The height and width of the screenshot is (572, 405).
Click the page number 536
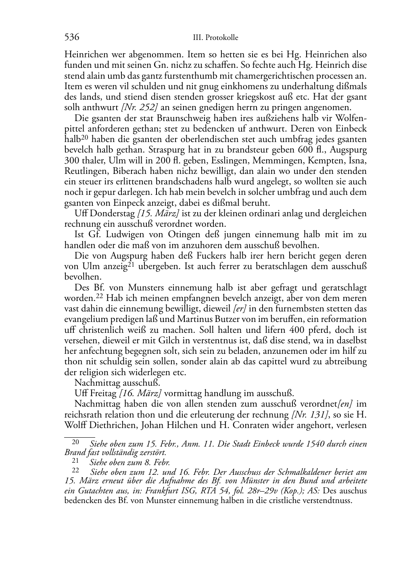click(x=72, y=38)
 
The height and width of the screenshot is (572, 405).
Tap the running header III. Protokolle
click(x=216, y=38)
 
